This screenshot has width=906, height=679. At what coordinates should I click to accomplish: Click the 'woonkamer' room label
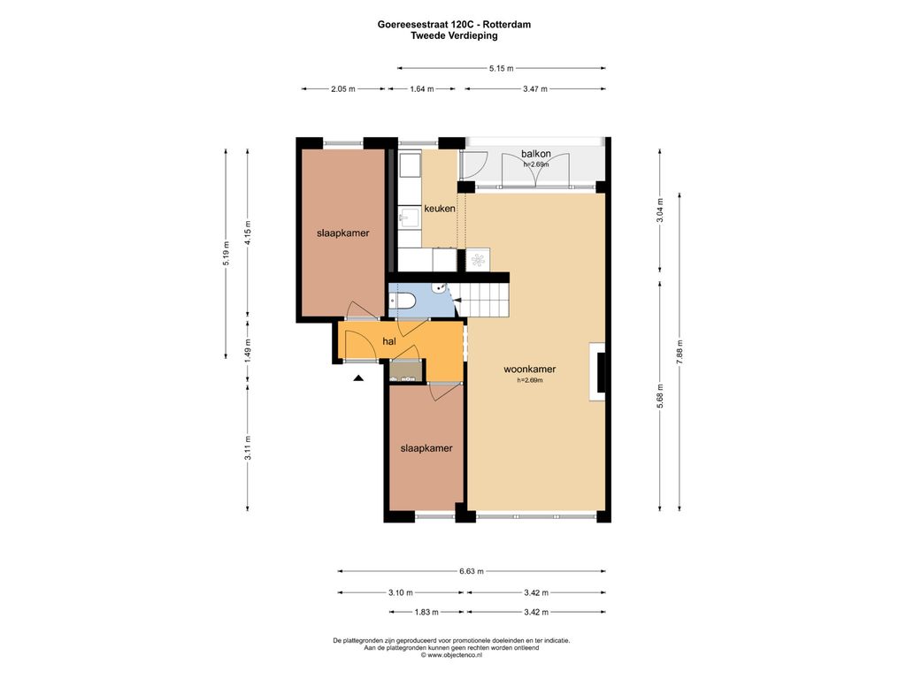pyautogui.click(x=529, y=369)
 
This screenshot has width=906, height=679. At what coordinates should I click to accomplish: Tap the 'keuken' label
pyautogui.click(x=440, y=209)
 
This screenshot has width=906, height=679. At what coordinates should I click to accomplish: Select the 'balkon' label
pyautogui.click(x=535, y=154)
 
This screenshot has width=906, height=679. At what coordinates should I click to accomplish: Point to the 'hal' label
pyautogui.click(x=389, y=341)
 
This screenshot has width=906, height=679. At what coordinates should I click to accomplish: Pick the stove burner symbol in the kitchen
pyautogui.click(x=478, y=260)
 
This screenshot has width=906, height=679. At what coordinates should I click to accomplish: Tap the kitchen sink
pyautogui.click(x=409, y=217)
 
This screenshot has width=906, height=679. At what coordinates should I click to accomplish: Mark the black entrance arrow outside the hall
pyautogui.click(x=359, y=378)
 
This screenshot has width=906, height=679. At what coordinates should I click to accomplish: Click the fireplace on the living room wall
pyautogui.click(x=597, y=371)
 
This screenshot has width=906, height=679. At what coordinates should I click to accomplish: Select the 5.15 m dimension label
pyautogui.click(x=501, y=68)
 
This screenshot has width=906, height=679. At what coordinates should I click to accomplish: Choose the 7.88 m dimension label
pyautogui.click(x=679, y=351)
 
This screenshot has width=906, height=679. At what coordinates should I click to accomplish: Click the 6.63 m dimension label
pyautogui.click(x=472, y=571)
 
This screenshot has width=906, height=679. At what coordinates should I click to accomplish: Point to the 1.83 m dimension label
pyautogui.click(x=426, y=612)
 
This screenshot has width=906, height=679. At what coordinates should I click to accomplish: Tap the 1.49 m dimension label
pyautogui.click(x=248, y=351)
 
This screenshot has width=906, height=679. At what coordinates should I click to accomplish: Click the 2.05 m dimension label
pyautogui.click(x=343, y=89)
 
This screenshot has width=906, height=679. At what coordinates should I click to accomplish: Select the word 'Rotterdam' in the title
pyautogui.click(x=507, y=24)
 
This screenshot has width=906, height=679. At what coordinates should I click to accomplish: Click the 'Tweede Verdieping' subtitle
pyautogui.click(x=454, y=35)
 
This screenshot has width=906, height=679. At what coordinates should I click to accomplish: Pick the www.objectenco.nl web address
pyautogui.click(x=455, y=655)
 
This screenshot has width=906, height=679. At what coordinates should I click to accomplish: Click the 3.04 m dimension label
pyautogui.click(x=660, y=210)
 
